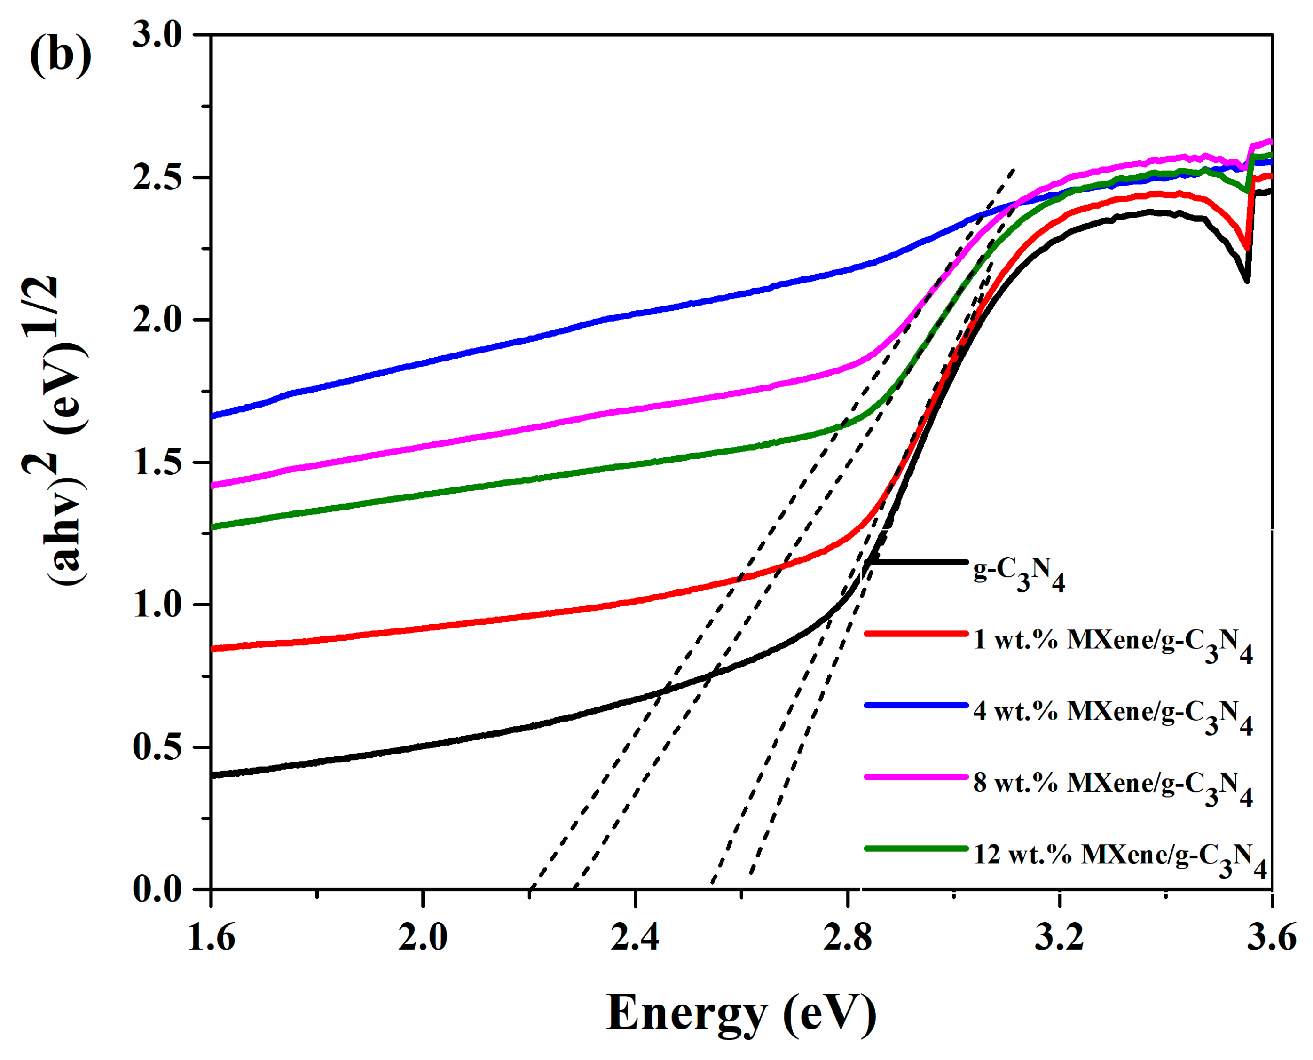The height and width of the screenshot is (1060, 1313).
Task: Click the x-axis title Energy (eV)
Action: point(741,1013)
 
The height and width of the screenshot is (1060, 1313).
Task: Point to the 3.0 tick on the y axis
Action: point(157,35)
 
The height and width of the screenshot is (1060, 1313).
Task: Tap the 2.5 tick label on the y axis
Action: point(157,178)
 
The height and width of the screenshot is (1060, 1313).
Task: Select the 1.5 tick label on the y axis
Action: point(157,462)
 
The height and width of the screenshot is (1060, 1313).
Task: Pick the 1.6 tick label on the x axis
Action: point(211,937)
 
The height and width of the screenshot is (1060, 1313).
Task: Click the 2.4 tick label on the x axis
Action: point(635,937)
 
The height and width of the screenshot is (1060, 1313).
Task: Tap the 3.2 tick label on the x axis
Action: point(1060,937)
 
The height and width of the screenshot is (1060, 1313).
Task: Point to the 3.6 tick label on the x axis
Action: point(1270,937)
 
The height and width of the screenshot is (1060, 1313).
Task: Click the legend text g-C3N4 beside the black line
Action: point(1018,574)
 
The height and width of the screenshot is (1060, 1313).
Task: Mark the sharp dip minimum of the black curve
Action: point(1246,281)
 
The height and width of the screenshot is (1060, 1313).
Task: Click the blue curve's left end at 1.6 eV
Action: point(212,416)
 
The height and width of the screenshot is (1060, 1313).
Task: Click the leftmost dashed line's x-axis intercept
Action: point(531,888)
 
